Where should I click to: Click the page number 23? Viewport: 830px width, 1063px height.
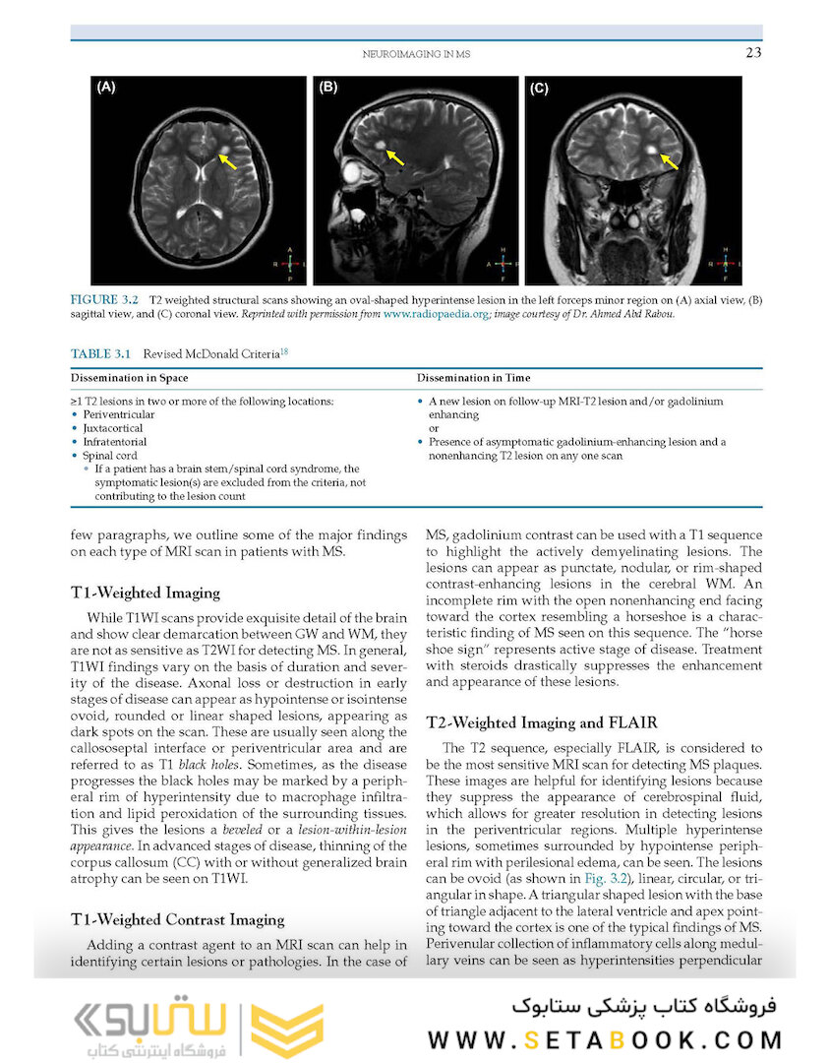[752, 53]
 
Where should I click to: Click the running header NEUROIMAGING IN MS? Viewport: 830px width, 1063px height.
[417, 55]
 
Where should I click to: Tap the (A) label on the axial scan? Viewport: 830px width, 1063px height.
[105, 88]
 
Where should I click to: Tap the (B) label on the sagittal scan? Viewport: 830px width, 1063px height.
[327, 88]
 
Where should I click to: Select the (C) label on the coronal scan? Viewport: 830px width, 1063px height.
[539, 89]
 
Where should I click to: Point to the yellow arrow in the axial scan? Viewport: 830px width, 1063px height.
[227, 159]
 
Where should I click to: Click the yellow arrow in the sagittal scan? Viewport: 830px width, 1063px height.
[395, 156]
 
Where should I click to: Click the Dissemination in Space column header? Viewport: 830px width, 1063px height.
[129, 378]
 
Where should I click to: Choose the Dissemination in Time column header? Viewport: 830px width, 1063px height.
[476, 378]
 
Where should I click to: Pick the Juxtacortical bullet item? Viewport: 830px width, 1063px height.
[113, 429]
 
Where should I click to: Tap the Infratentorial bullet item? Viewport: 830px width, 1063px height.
[115, 443]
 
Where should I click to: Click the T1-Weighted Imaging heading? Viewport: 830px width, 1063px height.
[146, 593]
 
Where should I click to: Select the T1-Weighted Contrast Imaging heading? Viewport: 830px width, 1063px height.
[177, 919]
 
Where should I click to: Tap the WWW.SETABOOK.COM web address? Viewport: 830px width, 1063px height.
[605, 1039]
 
